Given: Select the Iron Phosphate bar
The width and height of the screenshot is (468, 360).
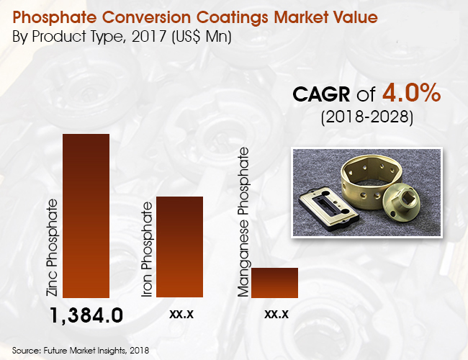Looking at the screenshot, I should click(x=179, y=246).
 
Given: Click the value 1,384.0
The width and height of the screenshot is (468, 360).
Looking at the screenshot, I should click(x=87, y=315).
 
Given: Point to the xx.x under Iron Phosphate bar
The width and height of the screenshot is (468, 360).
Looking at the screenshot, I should click(x=179, y=314).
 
